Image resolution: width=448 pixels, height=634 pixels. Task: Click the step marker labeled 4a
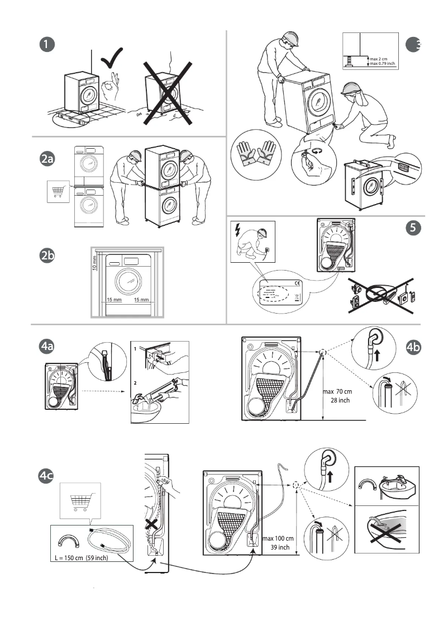click(47, 347)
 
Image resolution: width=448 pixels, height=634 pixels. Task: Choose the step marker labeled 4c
click(47, 476)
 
